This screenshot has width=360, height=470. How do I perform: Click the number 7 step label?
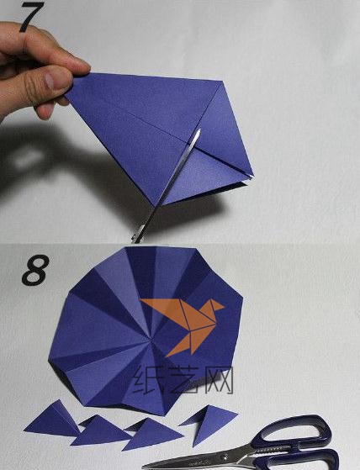coord(31,16)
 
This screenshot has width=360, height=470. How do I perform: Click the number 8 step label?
coord(35,270)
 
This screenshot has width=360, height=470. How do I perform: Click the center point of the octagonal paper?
coord(151,340)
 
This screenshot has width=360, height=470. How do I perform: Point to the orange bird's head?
coord(216,306)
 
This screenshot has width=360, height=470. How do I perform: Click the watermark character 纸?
coord(148,380)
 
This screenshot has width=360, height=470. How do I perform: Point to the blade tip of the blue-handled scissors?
coord(143,467)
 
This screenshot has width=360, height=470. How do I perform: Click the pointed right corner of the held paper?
coord(253,175)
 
